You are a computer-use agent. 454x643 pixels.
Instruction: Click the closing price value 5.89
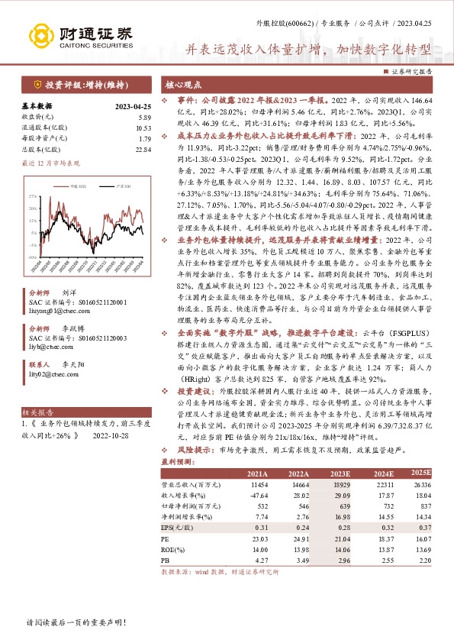click(145, 118)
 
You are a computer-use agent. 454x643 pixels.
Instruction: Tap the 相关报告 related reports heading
click(37, 411)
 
